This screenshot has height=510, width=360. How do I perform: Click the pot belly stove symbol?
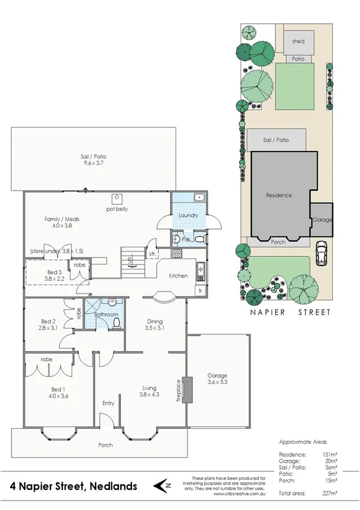coord(117,198)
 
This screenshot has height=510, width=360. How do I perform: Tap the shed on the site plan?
coord(298,41)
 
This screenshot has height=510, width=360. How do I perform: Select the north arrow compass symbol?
coord(160,485)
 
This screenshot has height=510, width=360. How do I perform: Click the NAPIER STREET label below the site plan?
coord(291,312)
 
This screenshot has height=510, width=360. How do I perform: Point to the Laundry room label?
coord(188,215)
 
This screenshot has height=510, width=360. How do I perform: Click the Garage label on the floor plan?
coord(217,378)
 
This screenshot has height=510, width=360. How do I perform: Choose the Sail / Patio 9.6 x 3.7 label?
coord(97,160)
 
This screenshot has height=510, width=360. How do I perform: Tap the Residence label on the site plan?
coord(279,195)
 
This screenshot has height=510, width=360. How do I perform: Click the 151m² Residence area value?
coord(329,454)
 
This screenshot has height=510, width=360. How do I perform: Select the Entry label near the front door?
coord(108,403)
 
